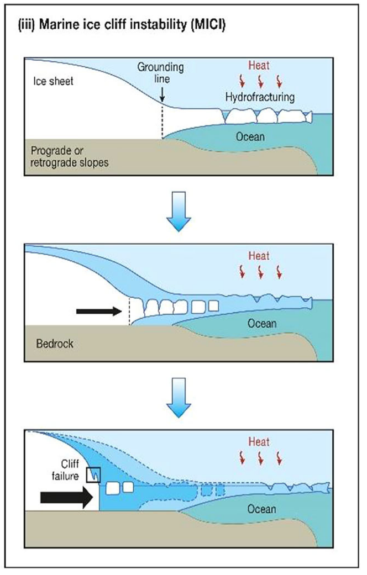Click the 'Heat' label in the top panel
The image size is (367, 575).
tap(258, 66)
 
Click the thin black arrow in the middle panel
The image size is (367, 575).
tap(98, 312)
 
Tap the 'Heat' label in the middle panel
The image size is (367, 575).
tap(258, 256)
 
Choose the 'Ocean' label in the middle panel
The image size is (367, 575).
tap(261, 324)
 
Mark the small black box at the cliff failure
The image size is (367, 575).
tap(95, 473)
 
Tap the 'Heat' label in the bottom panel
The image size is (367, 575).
tap(258, 442)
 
